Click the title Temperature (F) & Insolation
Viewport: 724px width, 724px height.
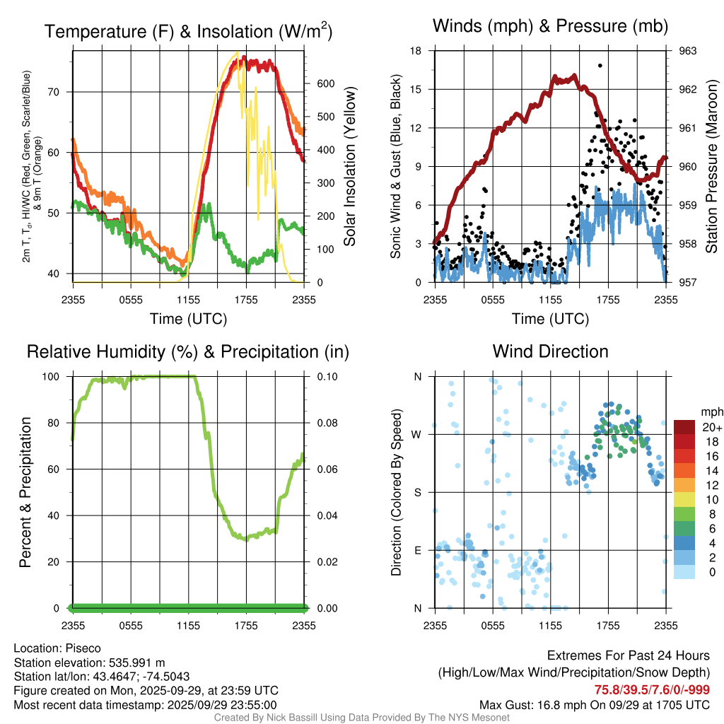coord(188,32)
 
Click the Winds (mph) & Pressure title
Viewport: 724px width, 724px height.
coord(550,27)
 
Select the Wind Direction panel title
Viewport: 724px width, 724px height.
coord(550,351)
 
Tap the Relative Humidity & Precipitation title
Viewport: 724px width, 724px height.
coord(188,351)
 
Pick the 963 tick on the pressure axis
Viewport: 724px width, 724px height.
coord(687,51)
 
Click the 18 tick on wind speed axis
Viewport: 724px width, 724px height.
coord(416,51)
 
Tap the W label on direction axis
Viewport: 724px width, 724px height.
coord(417,435)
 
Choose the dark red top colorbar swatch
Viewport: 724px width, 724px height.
coord(684,427)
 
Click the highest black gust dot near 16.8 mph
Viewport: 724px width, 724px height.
coord(600,65)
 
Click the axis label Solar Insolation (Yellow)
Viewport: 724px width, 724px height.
coord(349,166)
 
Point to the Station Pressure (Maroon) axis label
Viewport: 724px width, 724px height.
coord(712,166)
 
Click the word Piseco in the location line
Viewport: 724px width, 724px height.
coord(83,648)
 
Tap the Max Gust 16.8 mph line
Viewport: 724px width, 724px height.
coord(595,704)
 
